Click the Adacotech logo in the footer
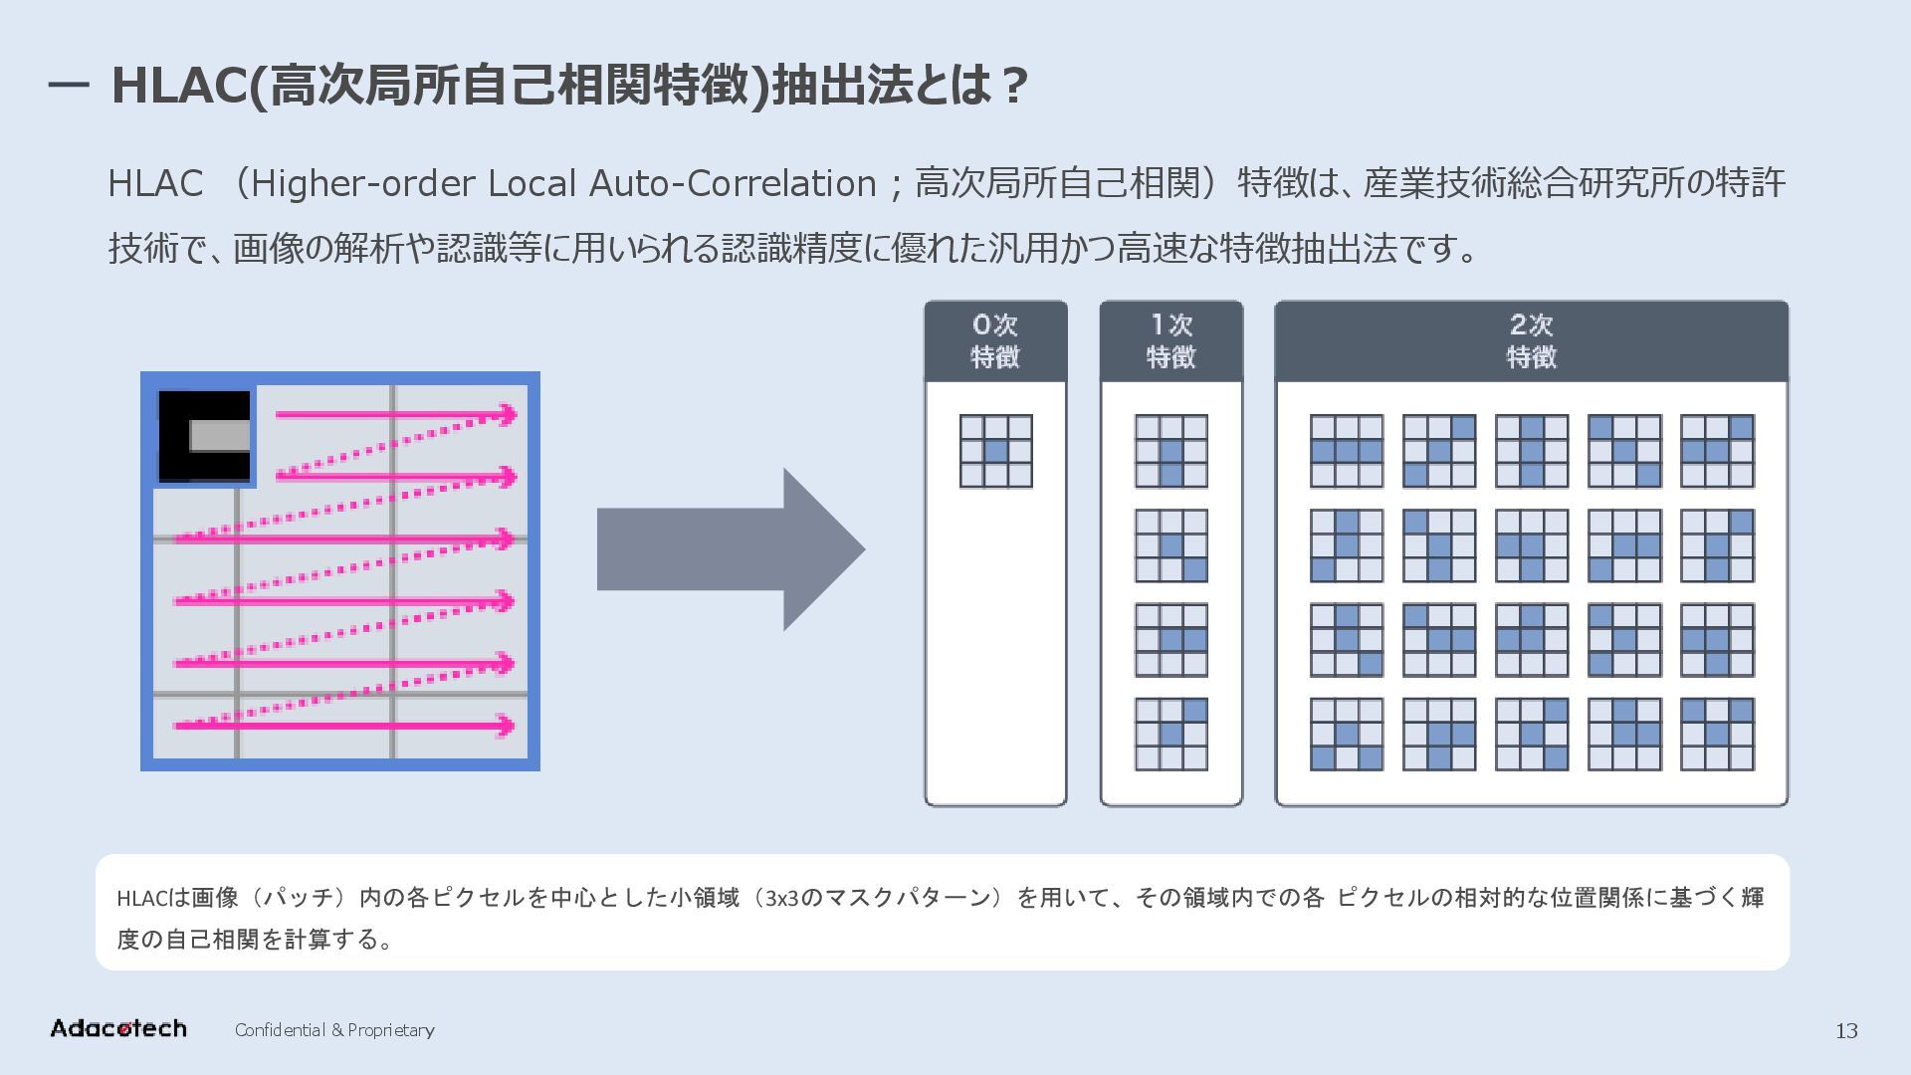tap(117, 1028)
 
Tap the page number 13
tap(1845, 1031)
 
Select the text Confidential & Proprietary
tap(334, 1030)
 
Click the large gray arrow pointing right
tap(731, 548)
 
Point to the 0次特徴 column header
tap(995, 340)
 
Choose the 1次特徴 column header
tap(1170, 340)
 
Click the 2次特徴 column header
tap(1531, 340)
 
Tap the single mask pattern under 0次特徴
tap(995, 451)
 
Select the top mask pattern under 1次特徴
tap(1170, 451)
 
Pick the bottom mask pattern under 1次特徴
tap(1170, 734)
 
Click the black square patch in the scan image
tap(205, 435)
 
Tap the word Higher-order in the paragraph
tap(363, 183)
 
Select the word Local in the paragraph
tap(531, 183)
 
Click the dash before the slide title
tap(68, 87)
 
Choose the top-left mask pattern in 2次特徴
tap(1346, 451)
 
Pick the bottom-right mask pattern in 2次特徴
tap(1716, 734)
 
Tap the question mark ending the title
tap(1014, 87)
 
